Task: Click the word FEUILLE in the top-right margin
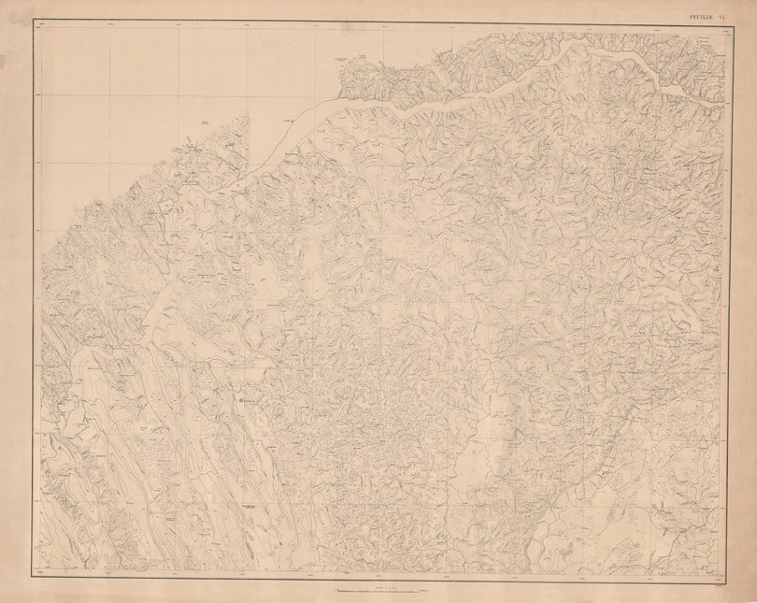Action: tap(699, 15)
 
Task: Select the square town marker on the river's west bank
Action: tap(292, 121)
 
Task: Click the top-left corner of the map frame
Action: tap(37, 23)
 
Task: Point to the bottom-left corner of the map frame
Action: tap(37, 575)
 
